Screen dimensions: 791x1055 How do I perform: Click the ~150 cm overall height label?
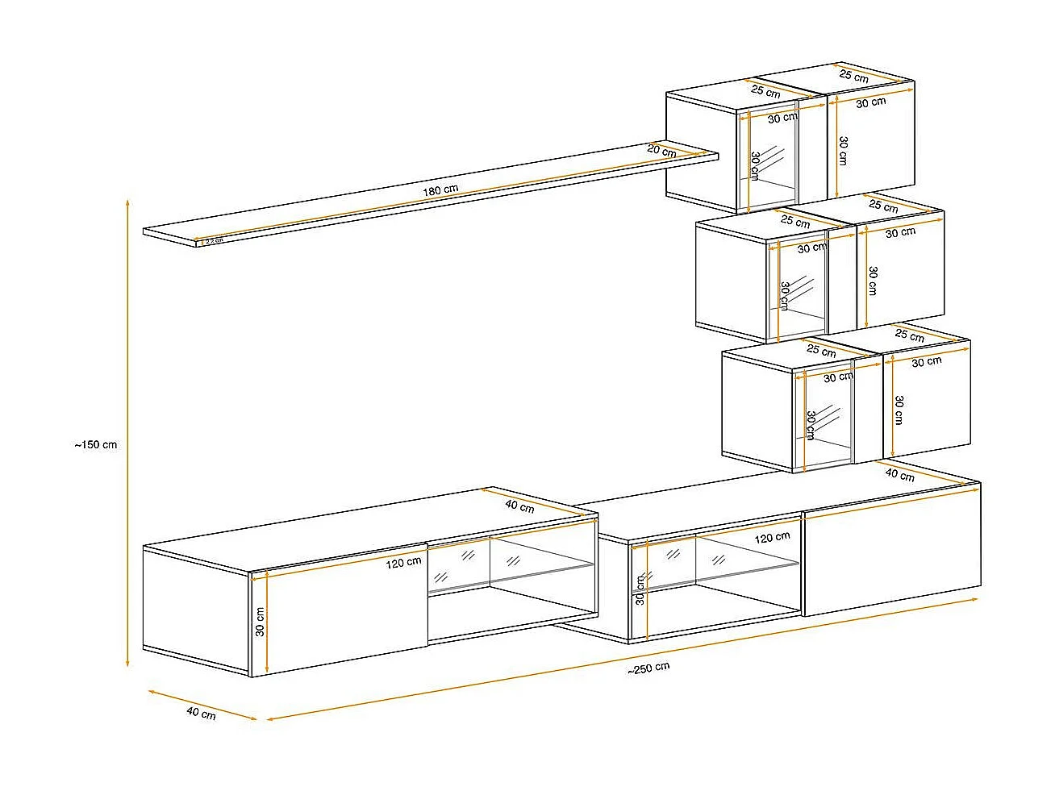point(96,444)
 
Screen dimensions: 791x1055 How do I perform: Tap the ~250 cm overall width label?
point(648,668)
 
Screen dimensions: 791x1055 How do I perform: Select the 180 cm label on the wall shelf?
point(440,190)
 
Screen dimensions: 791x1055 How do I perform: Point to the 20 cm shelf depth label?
point(661,151)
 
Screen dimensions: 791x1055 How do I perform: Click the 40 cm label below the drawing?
point(201,713)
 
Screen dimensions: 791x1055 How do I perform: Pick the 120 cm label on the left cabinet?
point(403,562)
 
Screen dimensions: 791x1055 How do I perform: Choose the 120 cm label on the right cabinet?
point(772,537)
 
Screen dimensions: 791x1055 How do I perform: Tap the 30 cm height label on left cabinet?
point(261,621)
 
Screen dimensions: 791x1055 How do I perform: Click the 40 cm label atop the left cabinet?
point(519,506)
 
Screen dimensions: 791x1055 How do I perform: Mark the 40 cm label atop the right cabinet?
point(899,474)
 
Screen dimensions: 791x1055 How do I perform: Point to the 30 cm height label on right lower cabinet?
point(640,589)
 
